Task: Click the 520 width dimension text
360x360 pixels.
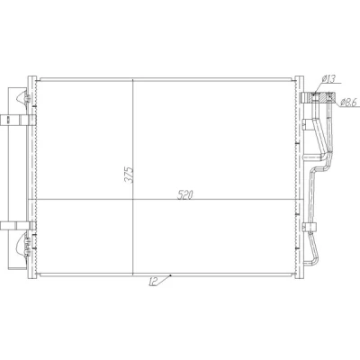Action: [184, 195]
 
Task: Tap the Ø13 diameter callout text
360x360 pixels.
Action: [328, 78]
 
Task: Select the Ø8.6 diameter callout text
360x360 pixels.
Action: [348, 103]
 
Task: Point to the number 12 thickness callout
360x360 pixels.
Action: [153, 282]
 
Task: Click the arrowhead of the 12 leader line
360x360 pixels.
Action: [170, 275]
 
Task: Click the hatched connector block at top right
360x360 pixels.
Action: [319, 97]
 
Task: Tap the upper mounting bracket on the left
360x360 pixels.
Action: [18, 120]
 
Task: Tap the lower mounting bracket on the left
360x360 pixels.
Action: [18, 226]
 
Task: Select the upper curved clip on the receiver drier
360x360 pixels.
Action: [22, 97]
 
